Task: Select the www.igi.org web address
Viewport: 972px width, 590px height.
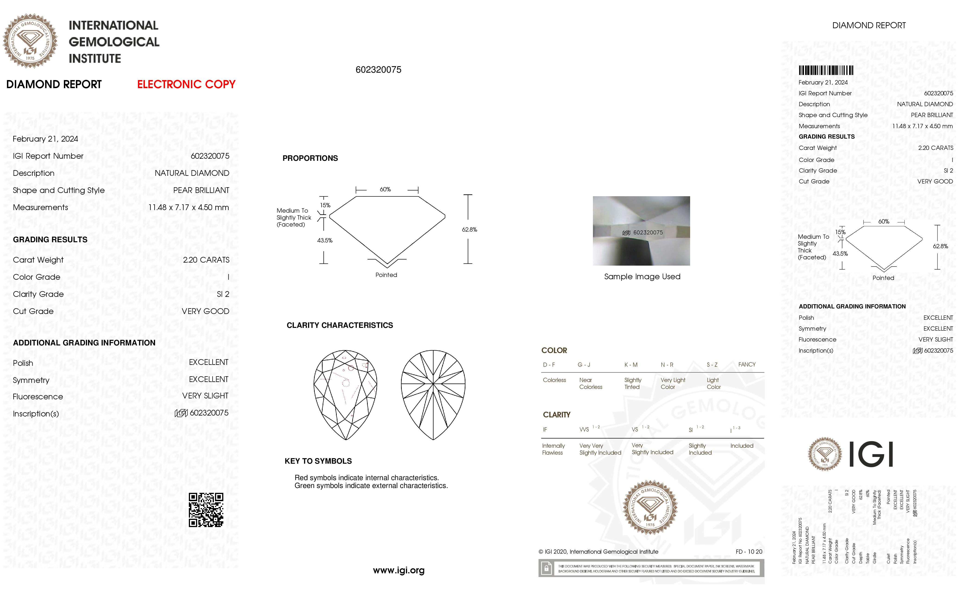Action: coord(399,570)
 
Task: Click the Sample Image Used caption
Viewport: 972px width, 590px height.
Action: coord(642,276)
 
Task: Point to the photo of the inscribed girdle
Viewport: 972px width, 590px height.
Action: coord(641,231)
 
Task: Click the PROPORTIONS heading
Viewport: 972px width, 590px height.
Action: coord(310,158)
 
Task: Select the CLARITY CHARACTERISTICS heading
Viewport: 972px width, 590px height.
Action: coord(340,325)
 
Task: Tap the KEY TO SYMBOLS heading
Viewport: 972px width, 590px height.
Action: coord(318,461)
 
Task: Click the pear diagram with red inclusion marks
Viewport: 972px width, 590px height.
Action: coord(345,394)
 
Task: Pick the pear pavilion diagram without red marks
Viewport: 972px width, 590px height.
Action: coord(433,394)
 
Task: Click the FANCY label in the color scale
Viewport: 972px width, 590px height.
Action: coord(746,364)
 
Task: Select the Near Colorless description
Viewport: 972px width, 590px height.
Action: coord(591,383)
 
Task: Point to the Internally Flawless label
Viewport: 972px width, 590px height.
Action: coord(553,449)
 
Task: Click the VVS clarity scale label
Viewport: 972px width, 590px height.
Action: coord(584,429)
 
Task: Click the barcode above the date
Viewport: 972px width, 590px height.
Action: coord(826,71)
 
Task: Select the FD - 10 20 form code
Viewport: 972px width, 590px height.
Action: coord(749,551)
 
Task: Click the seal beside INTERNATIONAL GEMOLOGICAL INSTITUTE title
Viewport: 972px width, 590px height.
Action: coord(30,41)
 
